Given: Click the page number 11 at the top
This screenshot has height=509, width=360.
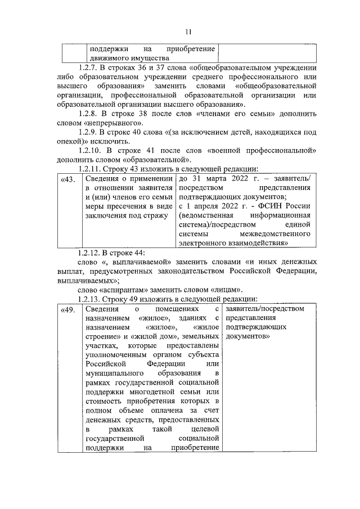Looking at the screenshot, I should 181,32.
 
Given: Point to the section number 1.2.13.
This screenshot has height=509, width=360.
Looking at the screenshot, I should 92,299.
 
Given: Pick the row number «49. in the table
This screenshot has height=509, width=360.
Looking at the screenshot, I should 67,309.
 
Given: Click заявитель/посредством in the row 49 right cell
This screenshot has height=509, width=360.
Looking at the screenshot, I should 264,309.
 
